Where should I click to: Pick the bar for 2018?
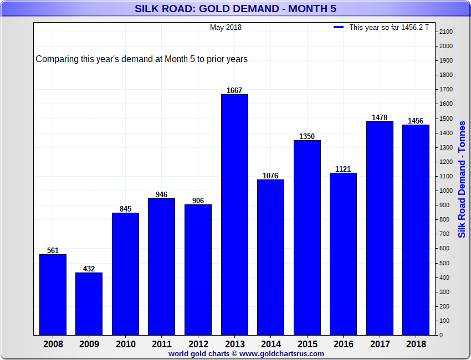(416, 230)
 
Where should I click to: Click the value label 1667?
(234, 90)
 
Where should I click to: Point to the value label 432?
(89, 269)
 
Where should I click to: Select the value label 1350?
(307, 136)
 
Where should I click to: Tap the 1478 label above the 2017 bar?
(380, 117)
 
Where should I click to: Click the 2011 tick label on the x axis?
(161, 344)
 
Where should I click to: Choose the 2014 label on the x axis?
(270, 344)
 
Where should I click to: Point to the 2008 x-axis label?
(53, 344)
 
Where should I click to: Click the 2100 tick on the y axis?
(446, 32)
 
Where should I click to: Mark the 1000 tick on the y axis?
(446, 191)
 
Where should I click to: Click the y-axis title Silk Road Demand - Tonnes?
(462, 178)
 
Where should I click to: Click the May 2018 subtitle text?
(226, 27)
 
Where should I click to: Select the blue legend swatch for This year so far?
(339, 27)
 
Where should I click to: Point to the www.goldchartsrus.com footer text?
(281, 353)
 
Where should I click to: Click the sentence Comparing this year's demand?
(141, 59)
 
